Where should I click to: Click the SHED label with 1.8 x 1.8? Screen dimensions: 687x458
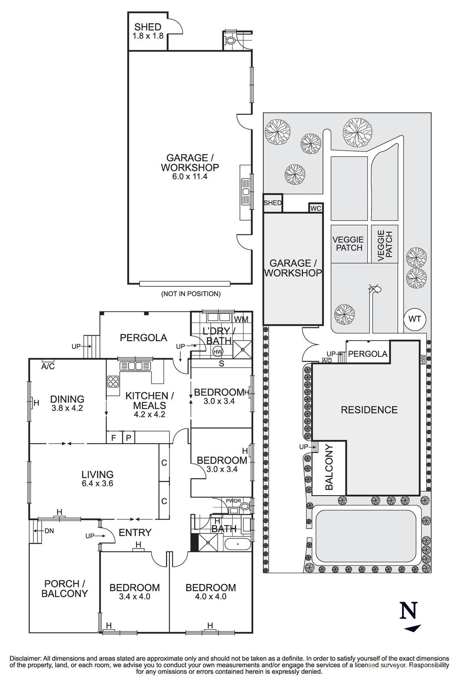(148, 31)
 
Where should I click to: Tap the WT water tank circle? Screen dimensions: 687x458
(414, 319)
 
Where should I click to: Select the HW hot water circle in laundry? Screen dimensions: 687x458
(218, 351)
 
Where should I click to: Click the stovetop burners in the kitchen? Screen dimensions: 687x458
(113, 381)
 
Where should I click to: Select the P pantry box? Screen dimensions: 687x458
(128, 438)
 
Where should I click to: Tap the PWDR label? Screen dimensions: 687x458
(233, 501)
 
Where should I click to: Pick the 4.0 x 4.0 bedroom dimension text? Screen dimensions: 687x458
(210, 596)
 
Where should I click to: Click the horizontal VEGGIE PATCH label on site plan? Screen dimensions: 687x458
(348, 243)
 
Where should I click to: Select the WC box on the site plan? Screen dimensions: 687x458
(315, 208)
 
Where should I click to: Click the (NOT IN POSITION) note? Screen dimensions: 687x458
(191, 294)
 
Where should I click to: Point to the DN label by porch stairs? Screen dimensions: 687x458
(49, 531)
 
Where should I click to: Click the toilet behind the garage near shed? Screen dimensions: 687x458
(231, 41)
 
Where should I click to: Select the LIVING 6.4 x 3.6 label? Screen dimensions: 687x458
(97, 478)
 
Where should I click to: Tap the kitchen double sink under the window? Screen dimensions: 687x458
(135, 366)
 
